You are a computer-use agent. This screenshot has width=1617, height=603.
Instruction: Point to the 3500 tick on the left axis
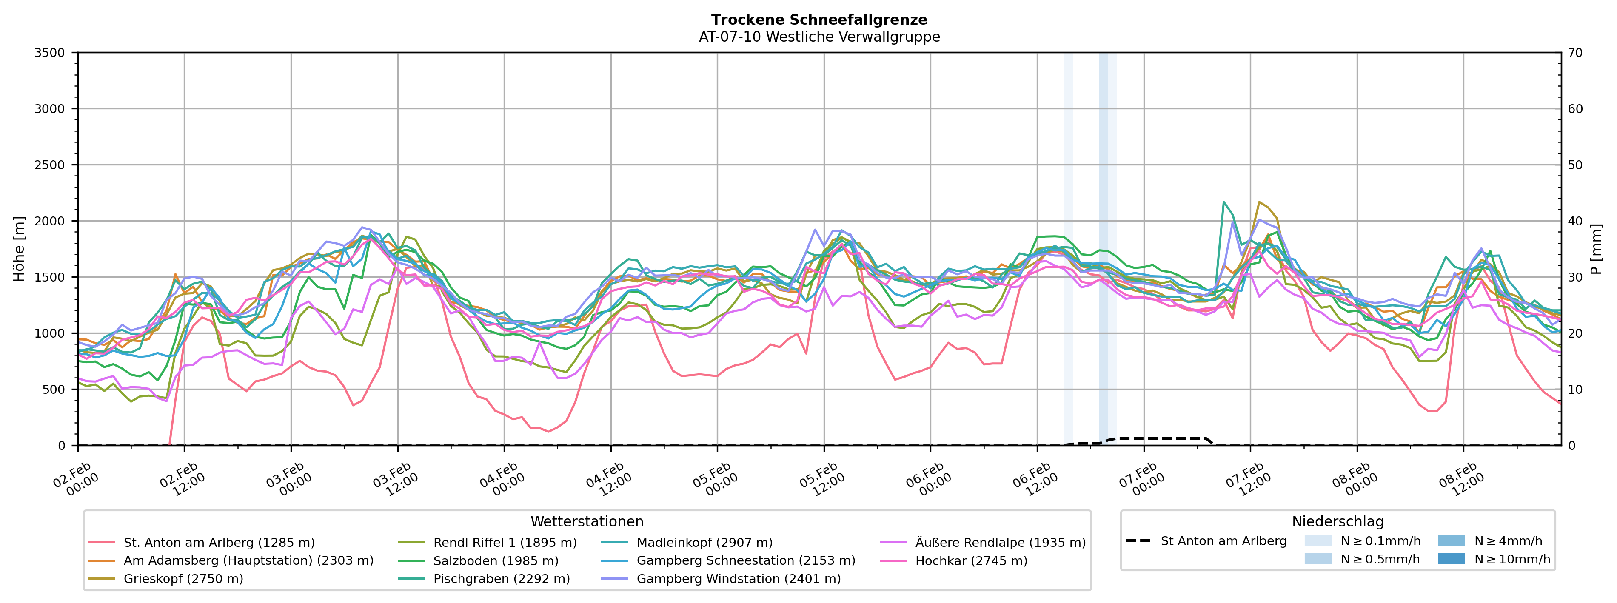coord(50,53)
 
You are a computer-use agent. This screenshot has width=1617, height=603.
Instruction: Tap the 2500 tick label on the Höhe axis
coord(50,165)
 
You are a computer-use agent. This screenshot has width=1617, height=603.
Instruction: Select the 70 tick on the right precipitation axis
coord(1575,53)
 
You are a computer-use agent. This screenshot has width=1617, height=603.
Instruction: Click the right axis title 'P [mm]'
coord(1596,249)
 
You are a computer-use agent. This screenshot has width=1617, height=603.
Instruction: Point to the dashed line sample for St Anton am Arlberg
coord(1138,541)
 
